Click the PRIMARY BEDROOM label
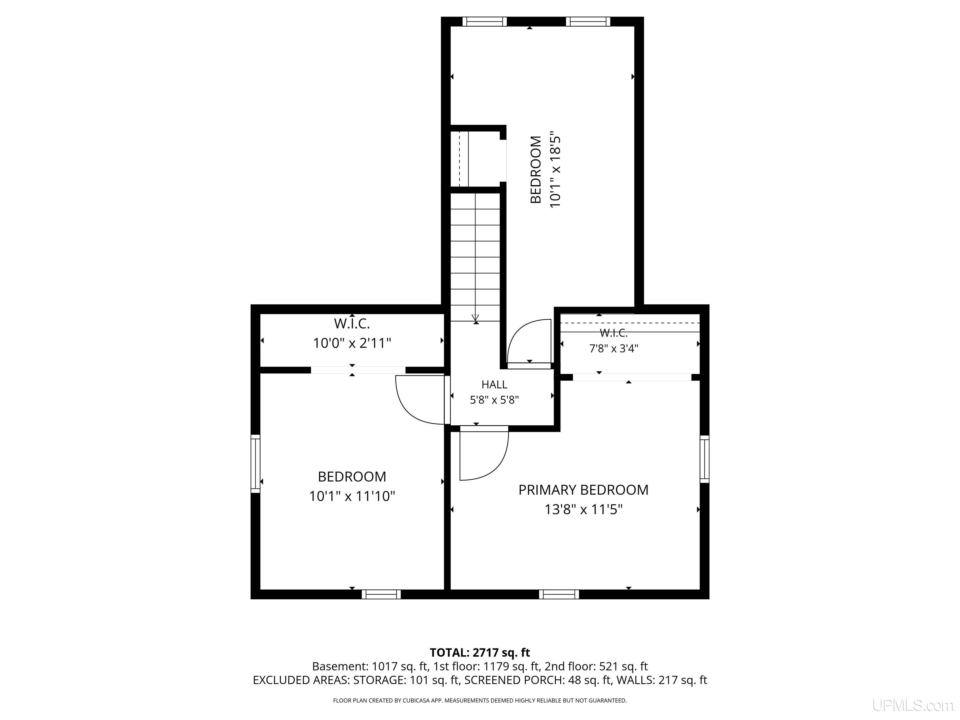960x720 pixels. (x=583, y=490)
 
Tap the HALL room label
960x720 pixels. (x=494, y=384)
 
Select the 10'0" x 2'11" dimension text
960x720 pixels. (x=352, y=343)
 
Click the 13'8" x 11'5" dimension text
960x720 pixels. (x=584, y=509)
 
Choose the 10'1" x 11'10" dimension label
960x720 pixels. (x=352, y=496)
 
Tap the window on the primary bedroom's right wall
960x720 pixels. (x=704, y=459)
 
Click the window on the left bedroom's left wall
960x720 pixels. (x=256, y=463)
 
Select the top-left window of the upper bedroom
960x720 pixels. (x=484, y=22)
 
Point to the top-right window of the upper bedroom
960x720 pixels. (x=588, y=22)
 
